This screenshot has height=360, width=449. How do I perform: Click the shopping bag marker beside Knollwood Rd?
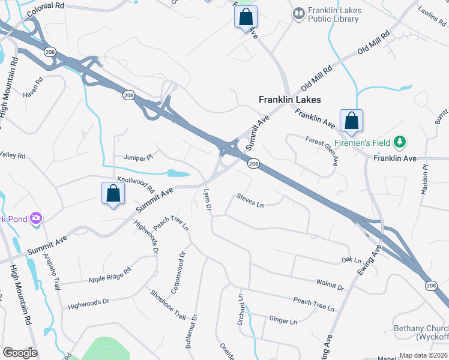click(x=113, y=194)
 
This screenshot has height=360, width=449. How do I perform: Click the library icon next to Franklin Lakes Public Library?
click(x=298, y=13)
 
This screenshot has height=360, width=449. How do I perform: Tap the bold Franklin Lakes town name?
click(x=289, y=100)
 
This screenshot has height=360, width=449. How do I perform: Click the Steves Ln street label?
click(x=250, y=201)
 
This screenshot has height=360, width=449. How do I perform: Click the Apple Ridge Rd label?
click(x=109, y=275)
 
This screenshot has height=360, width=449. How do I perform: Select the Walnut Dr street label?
click(x=331, y=284)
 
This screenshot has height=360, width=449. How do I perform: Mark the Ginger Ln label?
click(x=283, y=322)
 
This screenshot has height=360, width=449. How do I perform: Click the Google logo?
click(x=20, y=353)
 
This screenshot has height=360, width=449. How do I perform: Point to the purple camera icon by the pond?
click(x=36, y=218)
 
